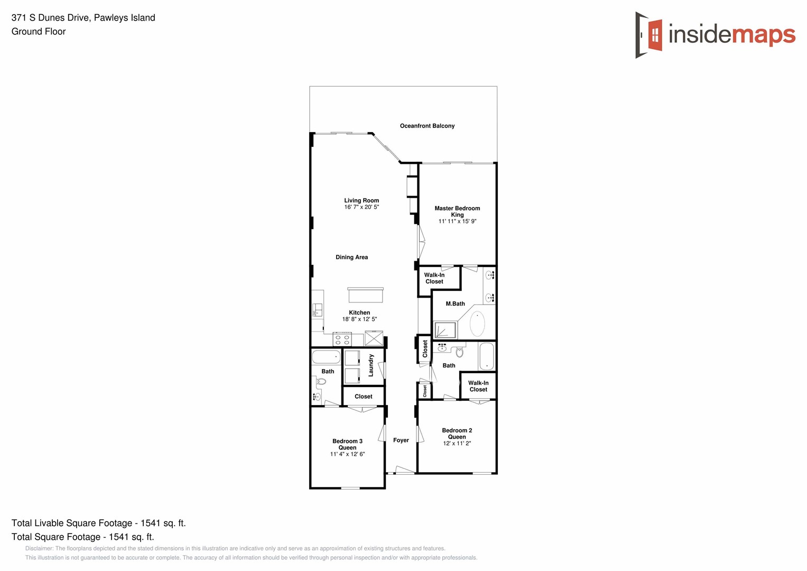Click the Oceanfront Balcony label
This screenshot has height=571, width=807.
click(427, 126)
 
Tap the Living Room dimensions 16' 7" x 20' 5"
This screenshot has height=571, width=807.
click(361, 207)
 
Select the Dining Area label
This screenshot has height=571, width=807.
click(351, 257)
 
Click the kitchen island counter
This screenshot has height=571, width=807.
click(365, 295)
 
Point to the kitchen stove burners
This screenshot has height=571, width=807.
click(342, 339)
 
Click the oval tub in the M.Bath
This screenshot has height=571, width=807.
click(477, 324)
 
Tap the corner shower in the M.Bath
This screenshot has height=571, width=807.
click(444, 330)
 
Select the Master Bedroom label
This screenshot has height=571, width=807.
click(457, 208)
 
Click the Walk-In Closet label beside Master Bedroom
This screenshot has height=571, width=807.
click(434, 278)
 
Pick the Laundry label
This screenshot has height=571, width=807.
click(371, 365)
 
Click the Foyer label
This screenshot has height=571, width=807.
click(401, 440)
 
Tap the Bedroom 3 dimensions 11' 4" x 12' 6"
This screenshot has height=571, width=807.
click(347, 454)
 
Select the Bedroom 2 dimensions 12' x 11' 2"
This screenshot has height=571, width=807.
click(457, 444)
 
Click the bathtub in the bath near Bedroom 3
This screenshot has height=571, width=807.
click(326, 357)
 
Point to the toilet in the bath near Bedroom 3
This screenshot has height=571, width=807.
click(321, 381)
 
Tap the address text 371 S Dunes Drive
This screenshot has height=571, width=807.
click(51, 18)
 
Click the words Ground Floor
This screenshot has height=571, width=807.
click(39, 32)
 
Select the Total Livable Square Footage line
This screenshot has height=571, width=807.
click(98, 523)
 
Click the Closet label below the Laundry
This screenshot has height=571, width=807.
click(364, 397)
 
